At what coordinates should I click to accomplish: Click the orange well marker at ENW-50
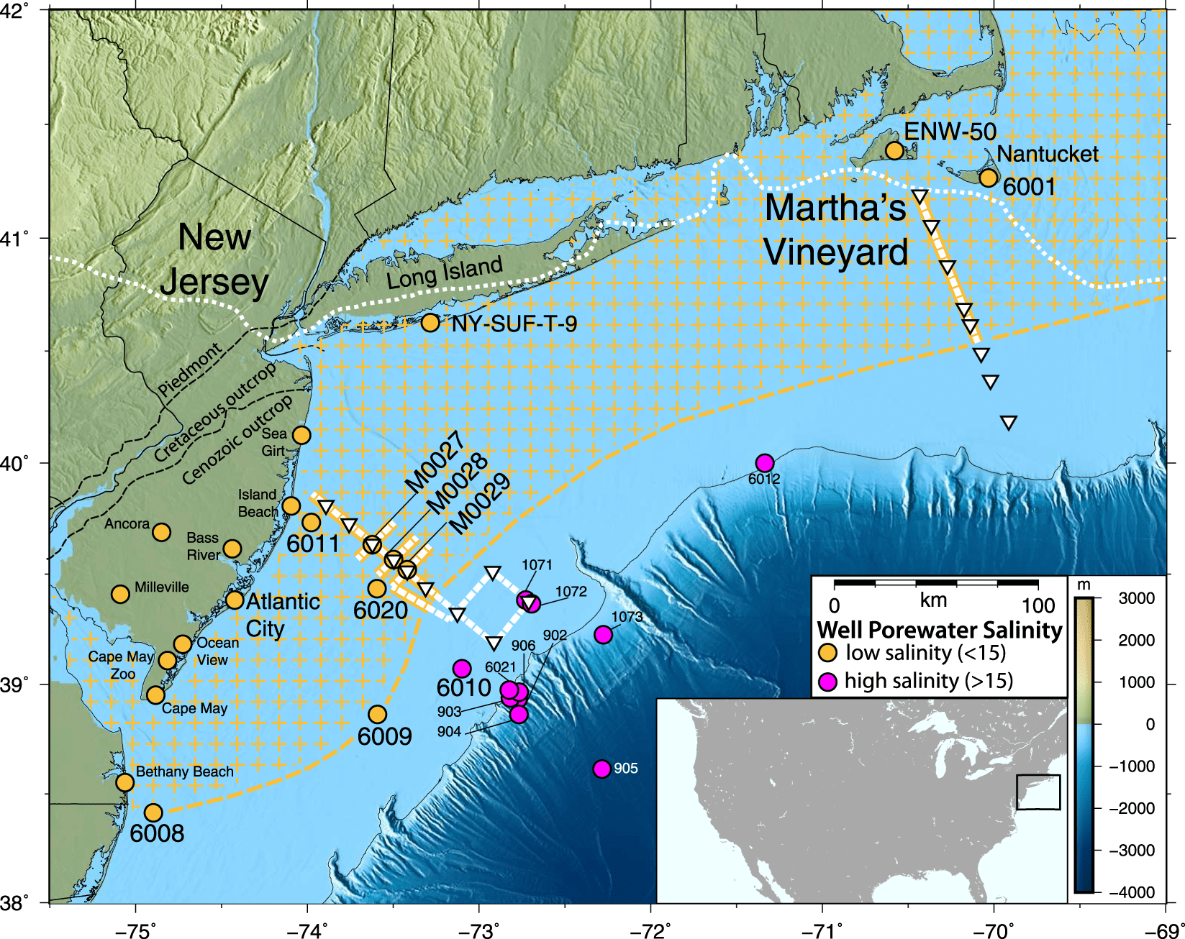tap(894, 150)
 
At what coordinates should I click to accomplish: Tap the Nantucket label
tap(1048, 154)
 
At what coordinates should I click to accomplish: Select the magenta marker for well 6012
tap(765, 462)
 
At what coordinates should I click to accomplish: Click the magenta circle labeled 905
tap(602, 769)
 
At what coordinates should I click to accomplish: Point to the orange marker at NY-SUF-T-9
tap(430, 323)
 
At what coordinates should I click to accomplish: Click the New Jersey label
tap(214, 259)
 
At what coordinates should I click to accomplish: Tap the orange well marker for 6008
tap(153, 812)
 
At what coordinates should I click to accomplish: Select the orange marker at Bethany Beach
tap(125, 782)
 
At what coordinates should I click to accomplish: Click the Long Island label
tap(445, 273)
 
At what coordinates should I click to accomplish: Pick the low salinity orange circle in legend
tap(828, 653)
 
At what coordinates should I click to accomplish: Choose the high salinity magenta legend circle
tap(828, 682)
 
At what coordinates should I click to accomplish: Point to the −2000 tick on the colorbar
tap(1132, 808)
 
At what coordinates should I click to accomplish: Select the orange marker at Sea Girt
tap(301, 435)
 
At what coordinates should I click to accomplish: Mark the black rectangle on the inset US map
tap(1038, 792)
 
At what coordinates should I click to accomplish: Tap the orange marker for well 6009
tap(377, 714)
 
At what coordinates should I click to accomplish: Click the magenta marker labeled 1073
tap(604, 634)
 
